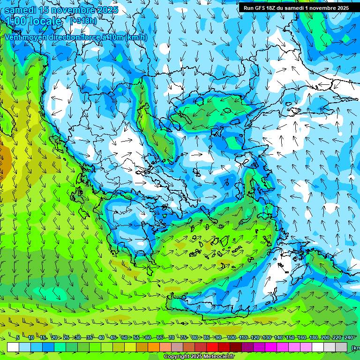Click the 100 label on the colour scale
pos(231,337)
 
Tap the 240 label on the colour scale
pos(348,337)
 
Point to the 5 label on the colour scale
pos(17,337)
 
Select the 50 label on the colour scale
pos(124,337)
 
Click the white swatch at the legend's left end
pos(13,347)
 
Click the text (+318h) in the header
pos(84,21)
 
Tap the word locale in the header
pos(45,21)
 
